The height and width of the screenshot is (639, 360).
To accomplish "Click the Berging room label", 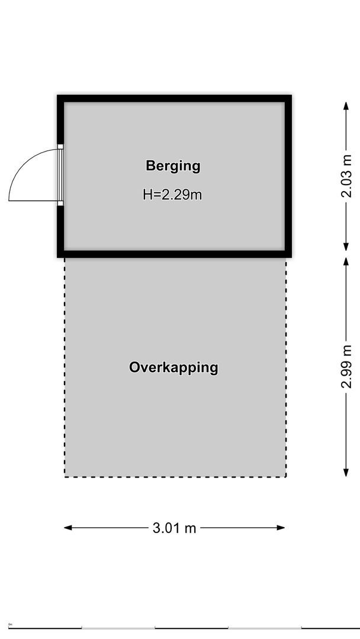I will (173, 166).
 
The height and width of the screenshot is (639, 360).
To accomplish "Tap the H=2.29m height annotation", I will (172, 194).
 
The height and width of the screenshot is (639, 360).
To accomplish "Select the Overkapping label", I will (173, 367).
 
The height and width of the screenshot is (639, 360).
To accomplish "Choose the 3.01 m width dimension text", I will (174, 528).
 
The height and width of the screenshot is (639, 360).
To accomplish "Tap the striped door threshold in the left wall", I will (60, 175).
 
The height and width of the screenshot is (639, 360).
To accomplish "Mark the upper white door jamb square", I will (60, 146).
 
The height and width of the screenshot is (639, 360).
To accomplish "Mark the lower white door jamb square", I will (60, 204).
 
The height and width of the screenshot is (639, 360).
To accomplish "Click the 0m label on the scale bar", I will (10, 624).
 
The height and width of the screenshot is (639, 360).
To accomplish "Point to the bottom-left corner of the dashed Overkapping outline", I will (65, 477).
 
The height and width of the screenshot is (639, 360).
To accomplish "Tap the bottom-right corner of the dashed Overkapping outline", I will (286, 477).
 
